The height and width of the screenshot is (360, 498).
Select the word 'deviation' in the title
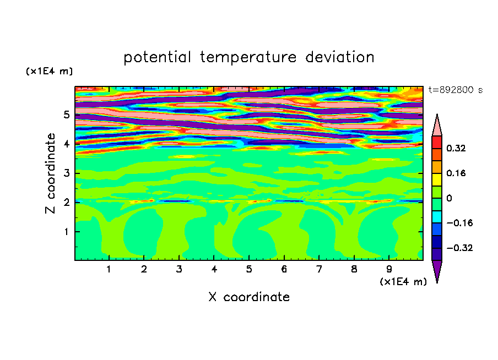coord(340,57)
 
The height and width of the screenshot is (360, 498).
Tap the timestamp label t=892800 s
coord(456,90)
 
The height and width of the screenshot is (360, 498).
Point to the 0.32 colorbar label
coord(456,148)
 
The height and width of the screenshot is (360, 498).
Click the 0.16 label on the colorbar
coord(456,173)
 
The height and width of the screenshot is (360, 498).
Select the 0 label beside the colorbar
coord(449,198)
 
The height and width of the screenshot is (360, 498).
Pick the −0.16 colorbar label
coord(459,223)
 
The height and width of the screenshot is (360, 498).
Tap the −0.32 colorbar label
coord(459,248)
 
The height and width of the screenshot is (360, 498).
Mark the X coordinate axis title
coord(249,297)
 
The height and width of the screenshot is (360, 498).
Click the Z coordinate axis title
coord(50,173)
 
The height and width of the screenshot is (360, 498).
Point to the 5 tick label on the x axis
coord(249,269)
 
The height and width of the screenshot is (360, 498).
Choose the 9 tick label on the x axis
coord(389,269)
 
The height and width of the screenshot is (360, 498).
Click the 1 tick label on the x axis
coord(109,269)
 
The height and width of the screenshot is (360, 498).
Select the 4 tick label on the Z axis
coord(66,144)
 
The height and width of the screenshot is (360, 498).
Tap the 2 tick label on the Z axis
coord(66,202)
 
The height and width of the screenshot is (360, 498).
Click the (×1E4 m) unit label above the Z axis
coord(49,71)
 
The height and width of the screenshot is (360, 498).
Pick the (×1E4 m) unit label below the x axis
coord(403,282)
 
